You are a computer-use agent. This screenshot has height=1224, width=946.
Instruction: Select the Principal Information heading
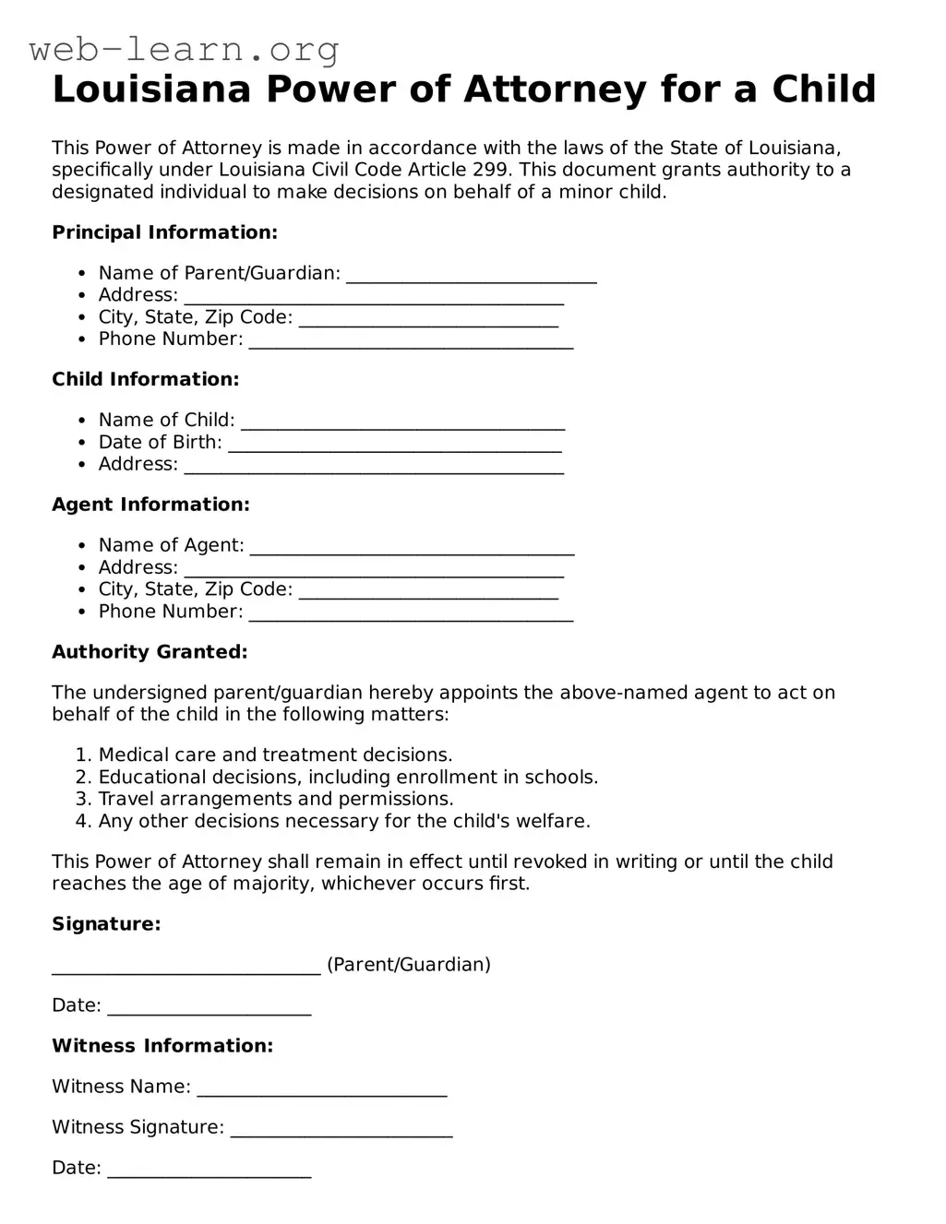(x=164, y=232)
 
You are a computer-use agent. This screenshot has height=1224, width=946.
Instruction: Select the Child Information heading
(x=145, y=379)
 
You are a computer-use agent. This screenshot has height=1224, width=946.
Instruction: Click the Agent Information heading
(x=150, y=505)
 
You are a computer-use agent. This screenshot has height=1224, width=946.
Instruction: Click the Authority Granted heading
(x=150, y=652)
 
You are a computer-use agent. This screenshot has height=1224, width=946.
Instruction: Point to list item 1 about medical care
(x=275, y=755)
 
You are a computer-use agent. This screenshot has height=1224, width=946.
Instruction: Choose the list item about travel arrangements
(x=276, y=799)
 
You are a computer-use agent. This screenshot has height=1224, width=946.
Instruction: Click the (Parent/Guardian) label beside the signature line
(x=408, y=965)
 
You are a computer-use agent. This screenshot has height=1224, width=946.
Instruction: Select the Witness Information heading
(x=162, y=1046)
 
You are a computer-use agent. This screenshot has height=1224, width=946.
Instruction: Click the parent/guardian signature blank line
(x=186, y=968)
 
